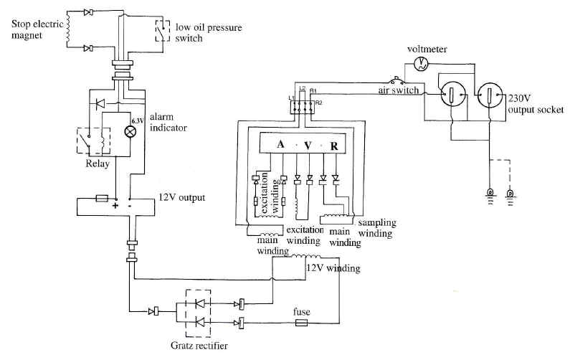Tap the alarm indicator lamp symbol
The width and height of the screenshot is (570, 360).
tap(130, 132)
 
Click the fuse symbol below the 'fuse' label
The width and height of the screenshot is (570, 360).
tap(302, 324)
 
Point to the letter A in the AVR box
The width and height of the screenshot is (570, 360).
tap(281, 145)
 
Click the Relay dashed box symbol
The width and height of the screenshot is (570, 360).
tap(91, 141)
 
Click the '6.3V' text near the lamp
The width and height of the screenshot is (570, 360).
tap(136, 118)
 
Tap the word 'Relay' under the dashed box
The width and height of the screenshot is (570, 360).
tap(96, 163)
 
